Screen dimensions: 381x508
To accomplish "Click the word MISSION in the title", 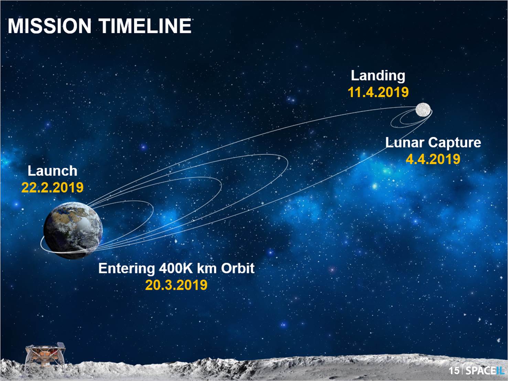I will tap(50, 26).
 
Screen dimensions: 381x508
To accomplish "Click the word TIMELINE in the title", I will tap(145, 26).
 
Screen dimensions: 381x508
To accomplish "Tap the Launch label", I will tap(52, 171).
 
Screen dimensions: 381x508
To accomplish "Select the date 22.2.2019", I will tap(52, 188).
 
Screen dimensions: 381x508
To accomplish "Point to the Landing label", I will tap(378, 76).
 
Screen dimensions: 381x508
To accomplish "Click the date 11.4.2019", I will tap(378, 92).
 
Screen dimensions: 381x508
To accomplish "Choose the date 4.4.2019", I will tap(433, 159).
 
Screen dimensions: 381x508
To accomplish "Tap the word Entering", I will tap(126, 268).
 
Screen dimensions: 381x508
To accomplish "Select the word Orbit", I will tap(237, 268).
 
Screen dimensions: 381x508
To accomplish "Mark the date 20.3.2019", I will tap(176, 285).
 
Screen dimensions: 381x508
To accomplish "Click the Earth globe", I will tap(73, 229).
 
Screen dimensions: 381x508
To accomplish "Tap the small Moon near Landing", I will tap(423, 110).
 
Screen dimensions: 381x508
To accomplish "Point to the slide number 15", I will tap(454, 371).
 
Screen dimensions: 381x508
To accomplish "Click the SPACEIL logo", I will tap(485, 371).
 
